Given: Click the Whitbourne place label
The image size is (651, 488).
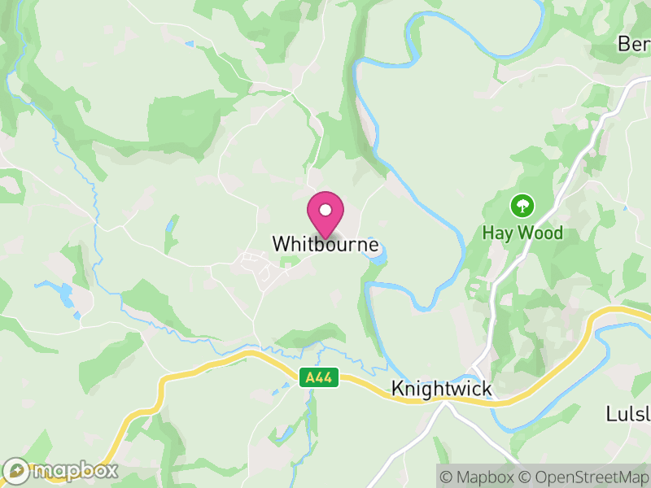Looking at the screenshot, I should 325,244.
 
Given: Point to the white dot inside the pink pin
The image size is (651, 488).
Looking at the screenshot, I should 325,211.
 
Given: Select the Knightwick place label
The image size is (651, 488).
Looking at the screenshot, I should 442,390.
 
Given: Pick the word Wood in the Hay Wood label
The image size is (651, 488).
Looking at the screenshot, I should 540,233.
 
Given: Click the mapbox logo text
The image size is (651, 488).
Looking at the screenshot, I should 74,470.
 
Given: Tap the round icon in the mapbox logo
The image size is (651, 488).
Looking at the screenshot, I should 16,470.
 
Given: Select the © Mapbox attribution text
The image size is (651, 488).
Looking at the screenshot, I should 477,477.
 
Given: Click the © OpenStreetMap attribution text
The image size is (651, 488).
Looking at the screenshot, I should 583,477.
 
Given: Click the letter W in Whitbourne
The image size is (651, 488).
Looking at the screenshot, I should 280,244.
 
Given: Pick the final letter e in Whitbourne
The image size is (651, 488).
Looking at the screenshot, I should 374,245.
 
